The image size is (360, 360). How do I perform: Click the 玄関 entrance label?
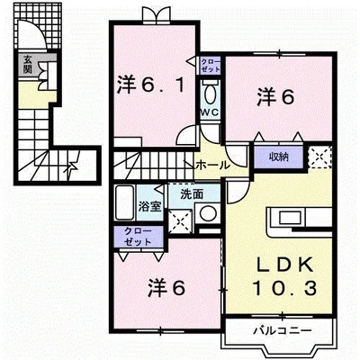coord(28,65)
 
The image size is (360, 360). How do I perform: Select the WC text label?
coord(210,112)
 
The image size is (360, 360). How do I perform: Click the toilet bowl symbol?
coord(211,93)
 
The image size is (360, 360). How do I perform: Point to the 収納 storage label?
coord(278,157)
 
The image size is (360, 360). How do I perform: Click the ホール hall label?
coord(213,165)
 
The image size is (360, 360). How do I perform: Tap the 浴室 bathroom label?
coord(149,207)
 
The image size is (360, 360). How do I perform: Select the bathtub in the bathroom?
coord(124,202)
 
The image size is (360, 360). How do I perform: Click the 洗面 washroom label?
coord(192,194)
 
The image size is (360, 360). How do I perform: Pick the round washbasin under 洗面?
coord(208,213)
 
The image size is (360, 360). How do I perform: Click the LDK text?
coord(285,265)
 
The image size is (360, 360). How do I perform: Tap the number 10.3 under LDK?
coord(285,288)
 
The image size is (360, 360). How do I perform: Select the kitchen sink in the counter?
coord(291,217)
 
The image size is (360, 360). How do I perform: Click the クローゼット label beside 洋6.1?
coord(211,66)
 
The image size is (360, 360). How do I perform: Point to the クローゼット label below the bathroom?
coord(139,237)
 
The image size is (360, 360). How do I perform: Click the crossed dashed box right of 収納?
coord(321,157)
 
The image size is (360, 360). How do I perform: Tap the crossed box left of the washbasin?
coord(180,220)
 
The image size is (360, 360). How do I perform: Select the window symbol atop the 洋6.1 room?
coord(155,14)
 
